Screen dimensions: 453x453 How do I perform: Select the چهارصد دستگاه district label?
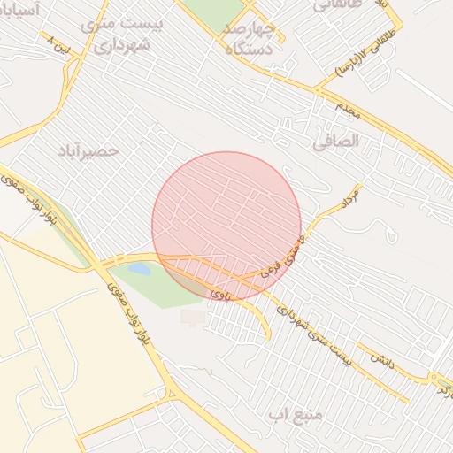pyautogui.click(x=250, y=38)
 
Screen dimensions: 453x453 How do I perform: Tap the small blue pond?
pyautogui.click(x=139, y=268)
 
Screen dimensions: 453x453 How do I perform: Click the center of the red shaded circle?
pyautogui.click(x=226, y=226)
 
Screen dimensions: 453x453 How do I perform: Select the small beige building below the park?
pyautogui.click(x=191, y=316)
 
